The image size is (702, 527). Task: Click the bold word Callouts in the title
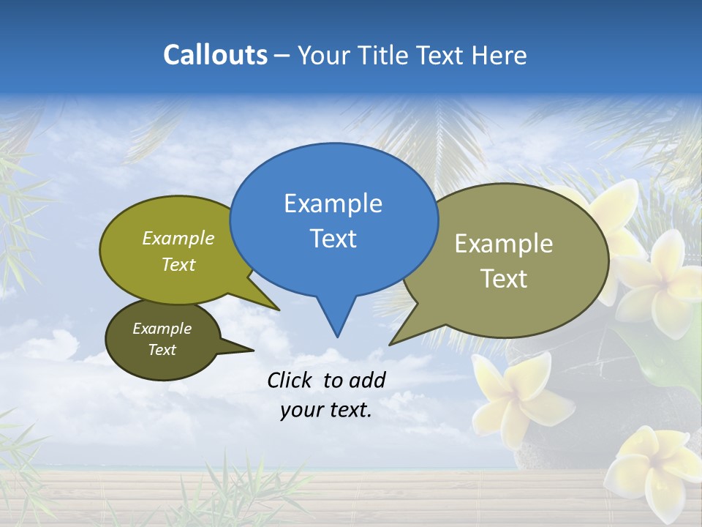point(215,55)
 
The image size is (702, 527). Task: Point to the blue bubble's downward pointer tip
point(337,335)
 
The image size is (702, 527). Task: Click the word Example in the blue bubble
point(333,203)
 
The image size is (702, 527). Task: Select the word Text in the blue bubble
point(333,238)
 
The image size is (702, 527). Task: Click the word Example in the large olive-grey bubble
point(504,243)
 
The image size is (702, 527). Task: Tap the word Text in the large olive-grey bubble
point(504,278)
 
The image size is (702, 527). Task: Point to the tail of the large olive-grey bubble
point(393,343)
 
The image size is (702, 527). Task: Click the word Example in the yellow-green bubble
point(178,238)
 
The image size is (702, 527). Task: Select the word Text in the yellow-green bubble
point(178,264)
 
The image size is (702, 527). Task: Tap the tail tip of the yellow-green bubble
point(278,309)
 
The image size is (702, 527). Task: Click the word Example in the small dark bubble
point(162,329)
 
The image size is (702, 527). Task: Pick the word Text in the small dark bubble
point(162,350)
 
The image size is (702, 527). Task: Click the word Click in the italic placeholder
point(290,380)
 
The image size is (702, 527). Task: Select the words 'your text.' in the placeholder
point(326,410)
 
